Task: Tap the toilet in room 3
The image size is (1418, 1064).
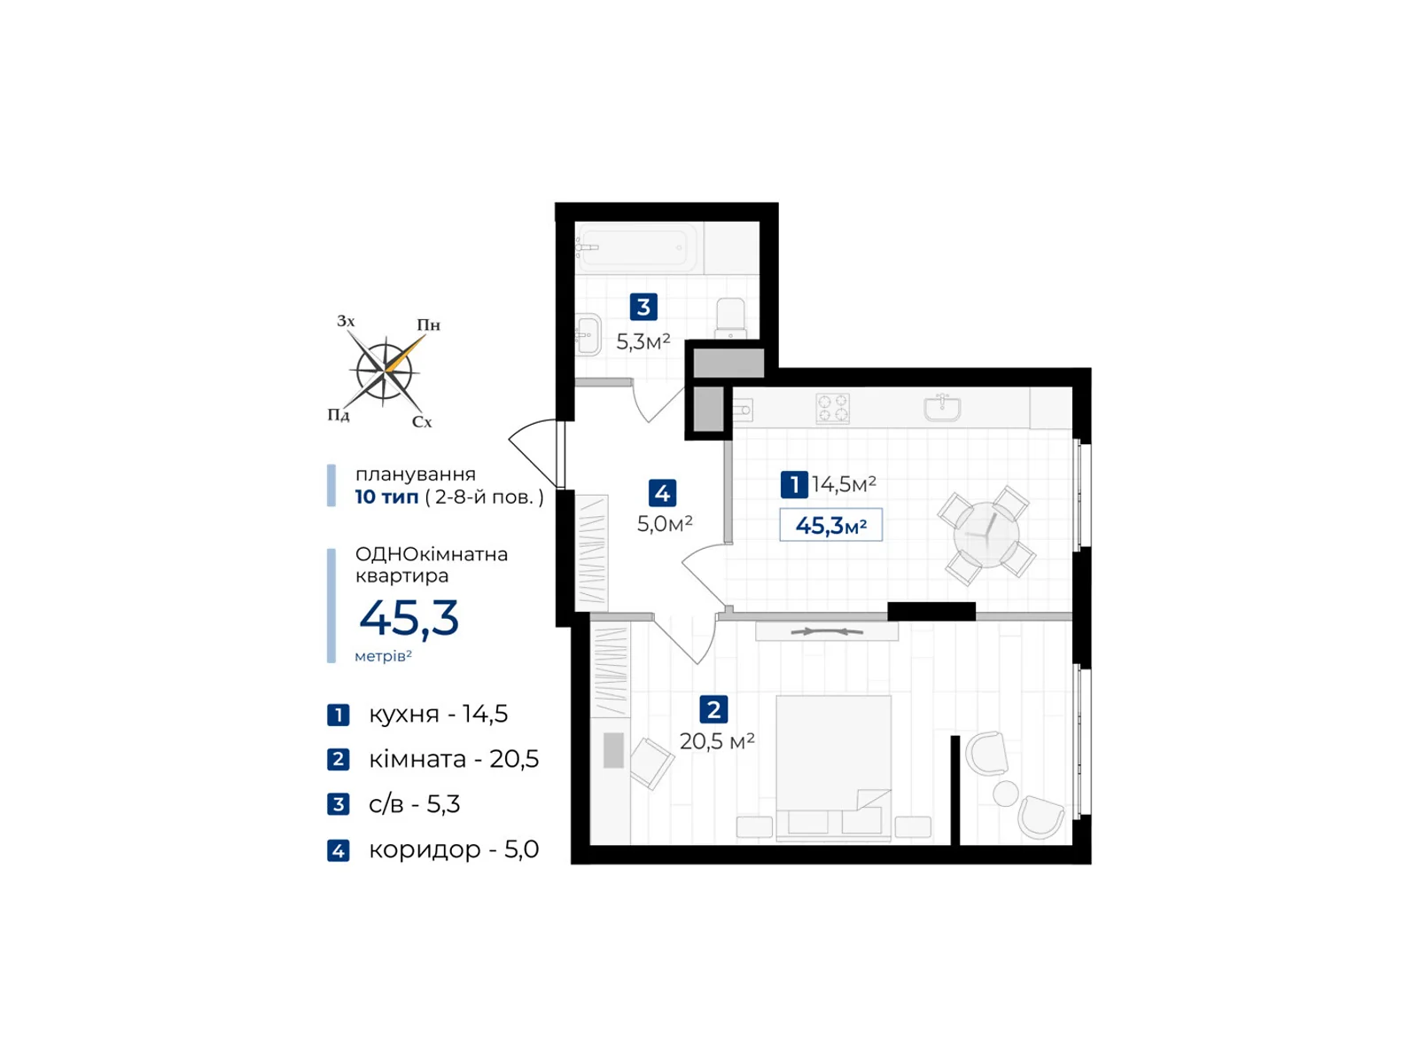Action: [731, 317]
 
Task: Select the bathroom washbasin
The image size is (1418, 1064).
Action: [588, 335]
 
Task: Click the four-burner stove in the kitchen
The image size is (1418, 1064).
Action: [833, 409]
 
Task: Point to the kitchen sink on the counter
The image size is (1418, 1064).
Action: [942, 408]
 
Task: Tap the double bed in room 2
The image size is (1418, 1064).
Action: [833, 767]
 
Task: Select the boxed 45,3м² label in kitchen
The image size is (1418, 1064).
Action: [830, 525]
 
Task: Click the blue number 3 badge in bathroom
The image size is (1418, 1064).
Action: [643, 307]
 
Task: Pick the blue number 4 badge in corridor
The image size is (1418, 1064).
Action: [662, 492]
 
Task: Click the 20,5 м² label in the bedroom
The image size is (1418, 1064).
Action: [717, 741]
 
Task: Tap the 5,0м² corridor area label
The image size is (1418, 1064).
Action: [665, 524]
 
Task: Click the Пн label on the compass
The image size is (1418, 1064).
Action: [429, 325]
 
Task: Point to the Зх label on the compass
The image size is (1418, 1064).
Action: [346, 321]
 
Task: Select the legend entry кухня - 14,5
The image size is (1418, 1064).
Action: [438, 714]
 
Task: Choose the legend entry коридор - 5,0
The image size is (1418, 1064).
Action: [453, 849]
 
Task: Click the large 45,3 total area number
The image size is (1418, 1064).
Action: [409, 618]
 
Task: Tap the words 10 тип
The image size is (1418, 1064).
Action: [386, 497]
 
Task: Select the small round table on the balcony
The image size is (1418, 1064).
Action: [1005, 793]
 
